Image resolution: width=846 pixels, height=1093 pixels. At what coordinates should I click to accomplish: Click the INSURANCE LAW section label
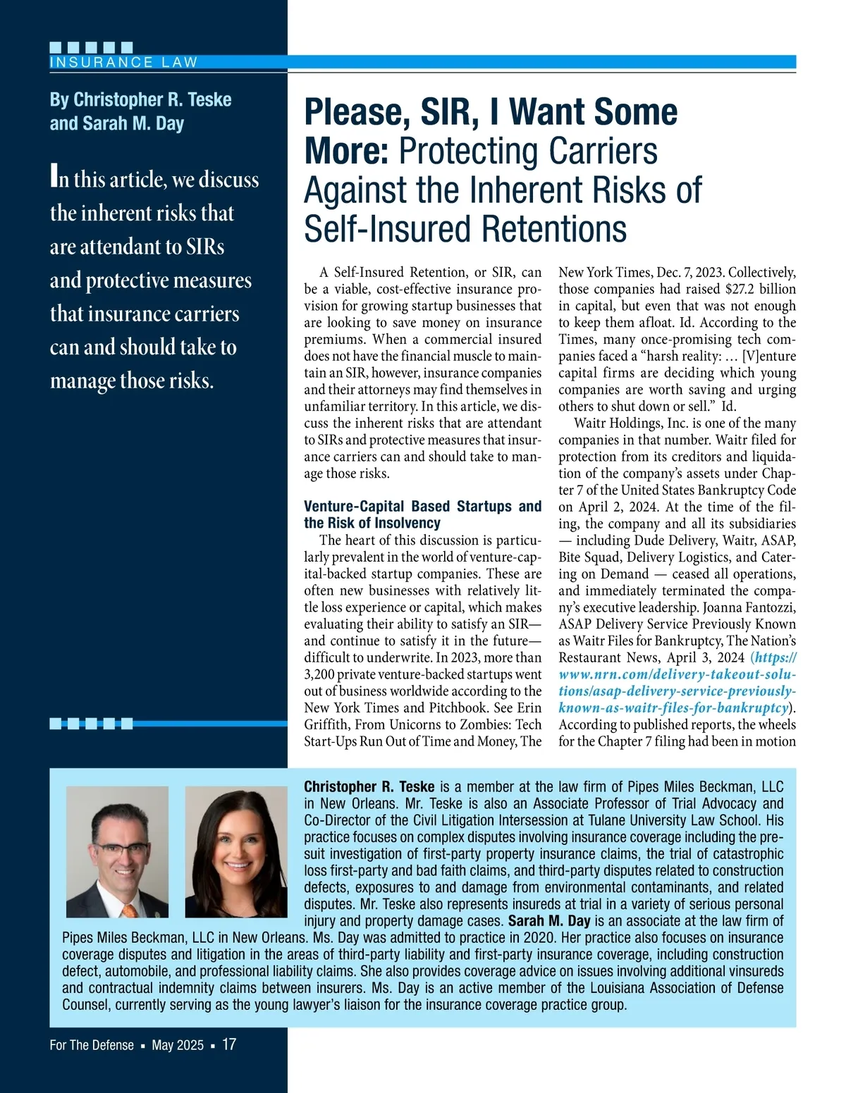[123, 62]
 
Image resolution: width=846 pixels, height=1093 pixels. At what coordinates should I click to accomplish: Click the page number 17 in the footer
[229, 1044]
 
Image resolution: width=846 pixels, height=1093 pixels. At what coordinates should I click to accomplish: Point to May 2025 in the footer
[178, 1045]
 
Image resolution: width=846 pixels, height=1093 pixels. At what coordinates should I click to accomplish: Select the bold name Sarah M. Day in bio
[549, 920]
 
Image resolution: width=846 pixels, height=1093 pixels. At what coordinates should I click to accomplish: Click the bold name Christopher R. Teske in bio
[369, 786]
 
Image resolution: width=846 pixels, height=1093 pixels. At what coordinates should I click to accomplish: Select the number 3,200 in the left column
[321, 674]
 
